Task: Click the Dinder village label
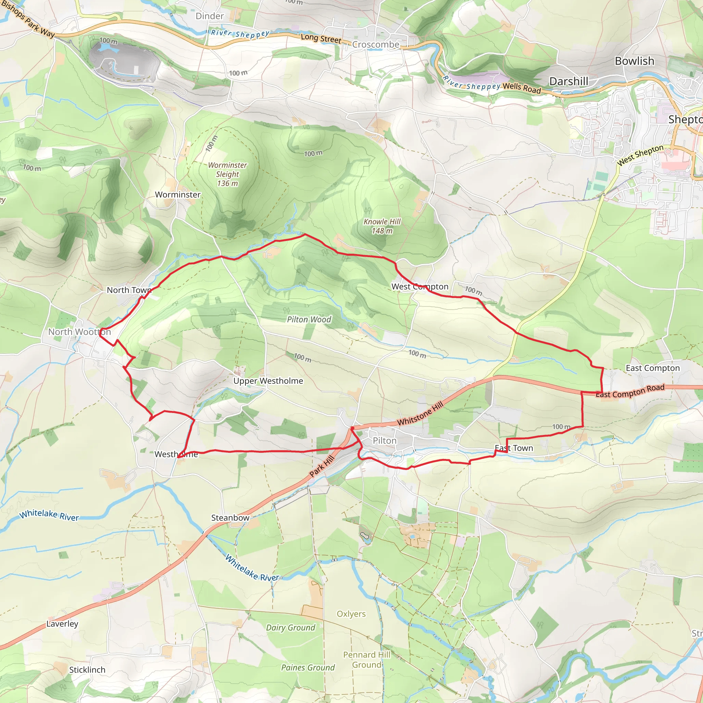(210, 16)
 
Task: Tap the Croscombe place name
(376, 44)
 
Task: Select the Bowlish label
(634, 61)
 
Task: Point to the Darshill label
(568, 81)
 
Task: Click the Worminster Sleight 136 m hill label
(228, 174)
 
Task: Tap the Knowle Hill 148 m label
(382, 226)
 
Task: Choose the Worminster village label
(177, 195)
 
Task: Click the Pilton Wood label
(309, 320)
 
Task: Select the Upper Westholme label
(268, 381)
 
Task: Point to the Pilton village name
(384, 441)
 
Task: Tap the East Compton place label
(653, 368)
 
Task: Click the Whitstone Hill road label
(420, 413)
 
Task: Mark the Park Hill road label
(322, 466)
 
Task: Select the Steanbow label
(230, 518)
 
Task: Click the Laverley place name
(62, 624)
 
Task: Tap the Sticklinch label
(87, 670)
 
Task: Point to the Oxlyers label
(351, 614)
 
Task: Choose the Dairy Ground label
(290, 628)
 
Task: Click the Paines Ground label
(308, 668)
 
